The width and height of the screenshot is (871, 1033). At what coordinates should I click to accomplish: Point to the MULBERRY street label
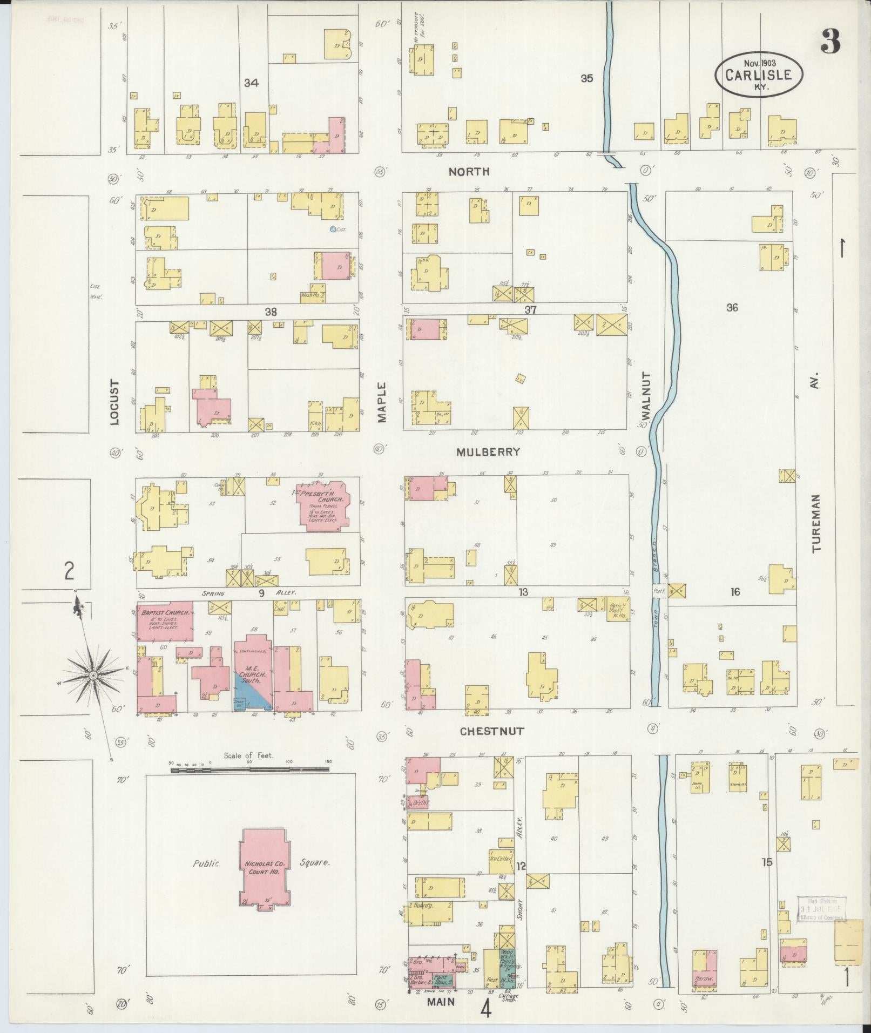coord(488,452)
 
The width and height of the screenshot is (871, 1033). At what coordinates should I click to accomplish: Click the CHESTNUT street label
coord(491,731)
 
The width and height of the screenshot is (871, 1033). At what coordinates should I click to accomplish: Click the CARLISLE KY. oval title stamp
coord(759,75)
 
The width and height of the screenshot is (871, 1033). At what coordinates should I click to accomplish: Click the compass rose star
coord(93,675)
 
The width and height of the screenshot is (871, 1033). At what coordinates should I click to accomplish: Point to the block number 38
coord(271,312)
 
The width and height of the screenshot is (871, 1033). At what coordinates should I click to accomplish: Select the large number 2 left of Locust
coord(69,571)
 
